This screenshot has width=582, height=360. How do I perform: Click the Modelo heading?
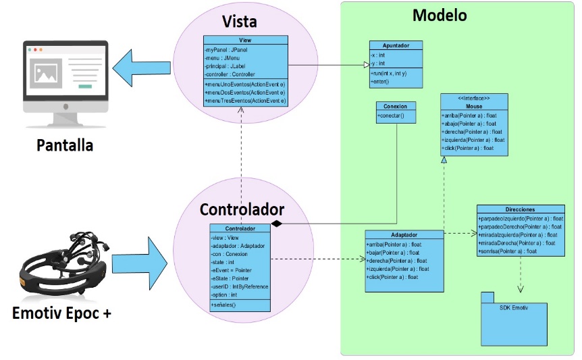[440, 15]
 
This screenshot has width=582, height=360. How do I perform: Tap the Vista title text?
[239, 21]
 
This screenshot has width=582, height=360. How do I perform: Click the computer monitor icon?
[65, 78]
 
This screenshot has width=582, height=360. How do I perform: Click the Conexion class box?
[395, 112]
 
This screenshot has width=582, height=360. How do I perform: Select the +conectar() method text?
[392, 117]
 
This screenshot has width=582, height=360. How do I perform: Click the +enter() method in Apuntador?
[381, 81]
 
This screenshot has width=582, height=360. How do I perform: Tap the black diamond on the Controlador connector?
[275, 223]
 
